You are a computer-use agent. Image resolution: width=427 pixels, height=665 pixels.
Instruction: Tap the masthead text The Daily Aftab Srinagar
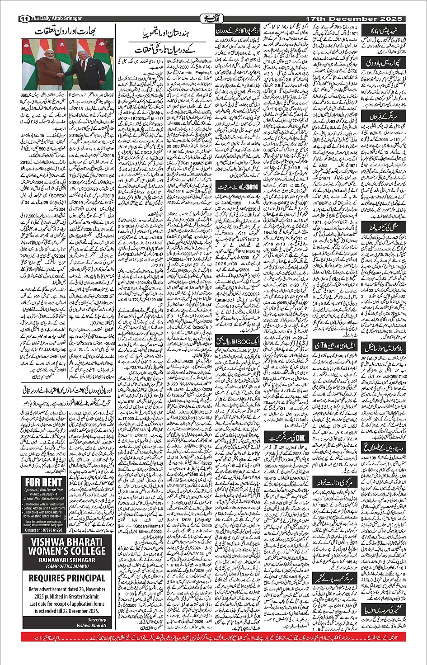click(x=56, y=19)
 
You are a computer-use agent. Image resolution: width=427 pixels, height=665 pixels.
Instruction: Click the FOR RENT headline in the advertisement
click(x=44, y=482)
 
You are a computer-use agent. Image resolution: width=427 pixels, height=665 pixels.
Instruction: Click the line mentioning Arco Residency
click(x=44, y=494)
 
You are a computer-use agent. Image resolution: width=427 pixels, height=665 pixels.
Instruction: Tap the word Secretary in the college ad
click(x=97, y=620)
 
